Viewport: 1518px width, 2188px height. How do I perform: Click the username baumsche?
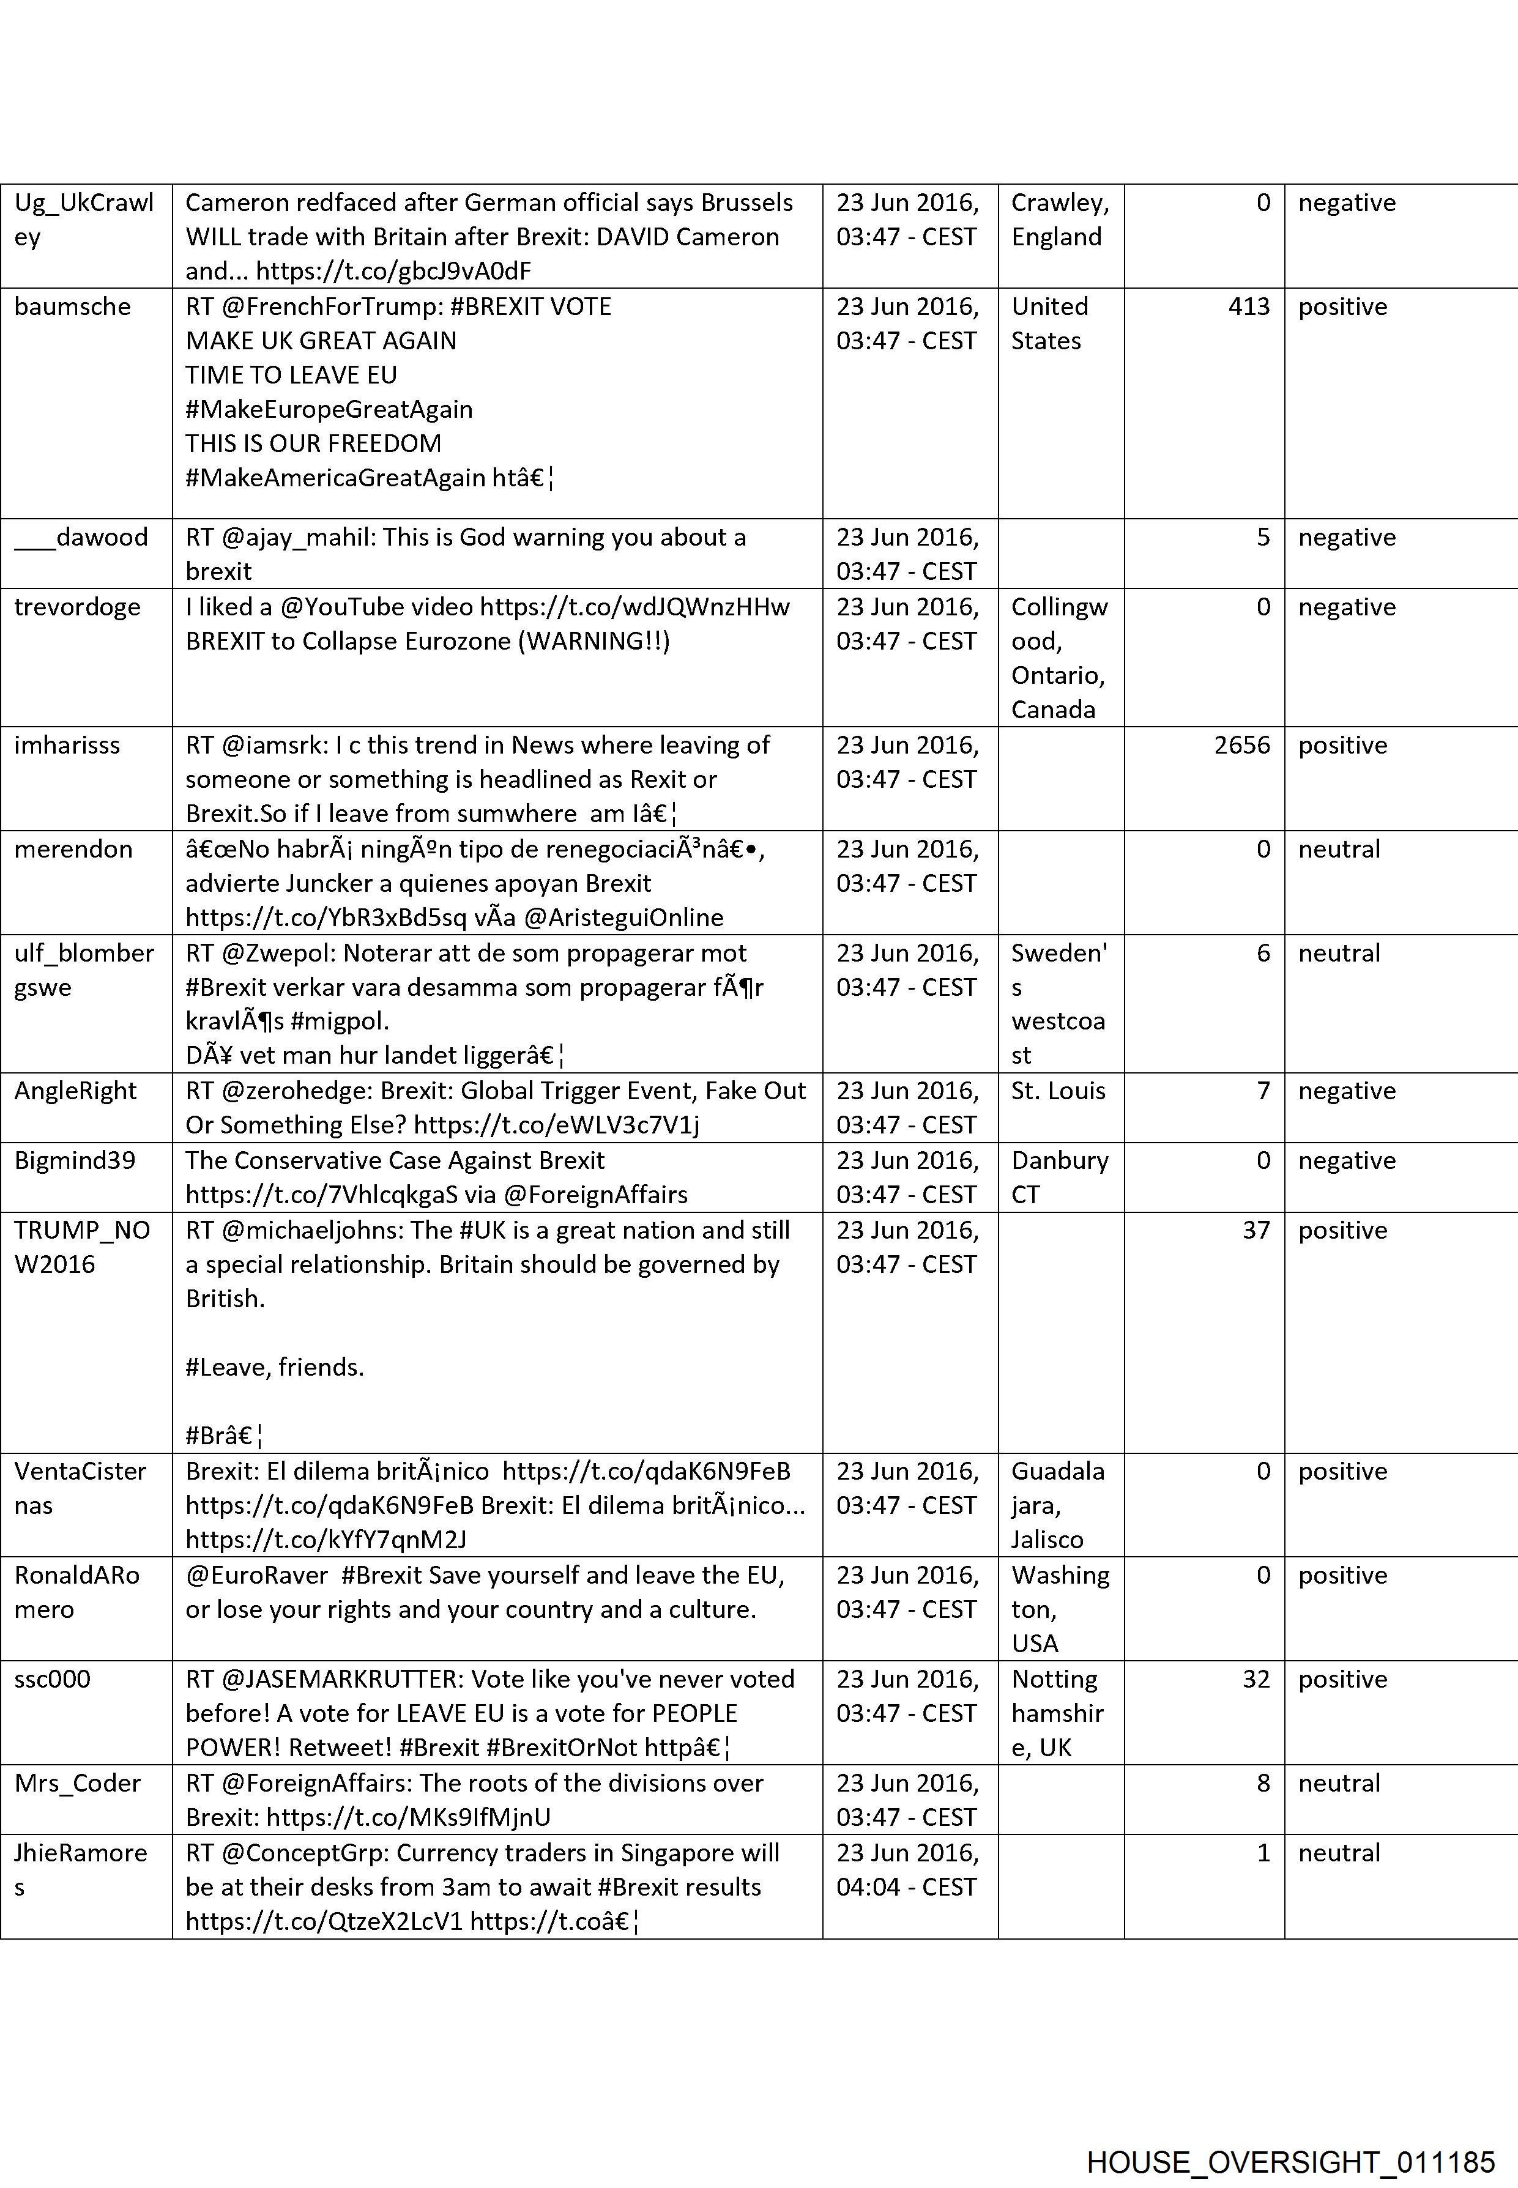pos(72,307)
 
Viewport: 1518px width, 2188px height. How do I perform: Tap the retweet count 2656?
pos(1241,746)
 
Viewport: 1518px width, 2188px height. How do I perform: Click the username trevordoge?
pos(77,607)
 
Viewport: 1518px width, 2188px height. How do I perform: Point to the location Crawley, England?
pos(1059,220)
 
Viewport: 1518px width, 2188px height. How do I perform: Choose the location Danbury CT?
pos(1059,1178)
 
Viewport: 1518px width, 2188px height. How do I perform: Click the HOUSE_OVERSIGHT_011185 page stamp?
pos(1290,2137)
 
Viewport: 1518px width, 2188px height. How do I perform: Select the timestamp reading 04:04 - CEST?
pos(906,1888)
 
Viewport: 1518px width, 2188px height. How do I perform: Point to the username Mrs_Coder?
pos(77,1784)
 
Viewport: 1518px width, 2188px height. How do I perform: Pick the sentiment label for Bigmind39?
pos(1346,1161)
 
